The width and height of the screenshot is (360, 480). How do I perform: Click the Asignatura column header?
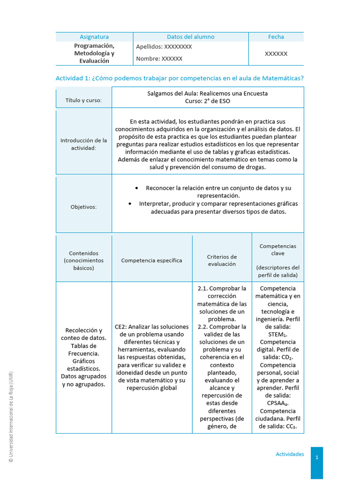tap(94, 37)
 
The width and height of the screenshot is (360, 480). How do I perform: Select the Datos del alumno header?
tap(190, 37)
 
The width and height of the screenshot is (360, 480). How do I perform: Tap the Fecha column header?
tap(276, 37)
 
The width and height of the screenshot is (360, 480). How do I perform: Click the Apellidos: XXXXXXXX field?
tap(164, 47)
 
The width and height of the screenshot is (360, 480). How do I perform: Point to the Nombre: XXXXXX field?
tap(159, 59)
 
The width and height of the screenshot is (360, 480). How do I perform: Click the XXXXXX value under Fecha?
tap(276, 54)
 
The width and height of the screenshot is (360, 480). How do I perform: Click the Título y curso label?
tap(83, 100)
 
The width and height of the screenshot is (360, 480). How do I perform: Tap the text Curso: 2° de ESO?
tap(207, 101)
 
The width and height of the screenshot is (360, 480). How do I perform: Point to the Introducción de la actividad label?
tap(83, 144)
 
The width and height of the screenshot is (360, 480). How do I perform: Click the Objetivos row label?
tap(83, 206)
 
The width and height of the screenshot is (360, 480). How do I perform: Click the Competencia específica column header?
tap(151, 260)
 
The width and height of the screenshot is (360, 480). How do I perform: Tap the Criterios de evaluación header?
tap(222, 260)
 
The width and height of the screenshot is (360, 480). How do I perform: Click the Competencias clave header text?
tap(277, 249)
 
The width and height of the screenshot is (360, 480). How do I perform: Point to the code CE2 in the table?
tap(120, 327)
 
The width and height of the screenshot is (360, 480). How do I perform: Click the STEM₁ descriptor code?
tap(277, 334)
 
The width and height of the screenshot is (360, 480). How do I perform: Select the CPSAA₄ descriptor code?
tap(277, 403)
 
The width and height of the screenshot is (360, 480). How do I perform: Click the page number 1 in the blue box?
tap(317, 458)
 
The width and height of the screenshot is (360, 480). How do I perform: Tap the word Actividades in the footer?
tap(290, 454)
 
